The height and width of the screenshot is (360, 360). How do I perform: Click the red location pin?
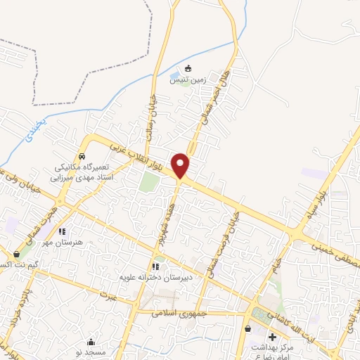click(x=181, y=165)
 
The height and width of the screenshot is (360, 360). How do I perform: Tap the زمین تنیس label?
click(x=188, y=79)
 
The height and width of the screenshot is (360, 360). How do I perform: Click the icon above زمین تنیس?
click(x=188, y=68)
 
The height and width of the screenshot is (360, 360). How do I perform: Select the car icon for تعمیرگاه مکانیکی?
click(x=82, y=156)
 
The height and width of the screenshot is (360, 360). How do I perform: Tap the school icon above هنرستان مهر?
click(x=62, y=231)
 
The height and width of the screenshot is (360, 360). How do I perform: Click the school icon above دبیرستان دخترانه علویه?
click(x=155, y=266)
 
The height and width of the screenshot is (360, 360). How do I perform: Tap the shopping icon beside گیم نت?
click(x=17, y=254)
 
